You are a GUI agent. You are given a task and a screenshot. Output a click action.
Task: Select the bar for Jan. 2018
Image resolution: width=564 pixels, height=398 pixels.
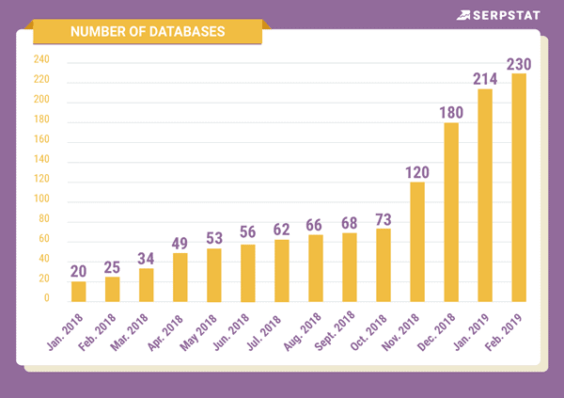(x=79, y=292)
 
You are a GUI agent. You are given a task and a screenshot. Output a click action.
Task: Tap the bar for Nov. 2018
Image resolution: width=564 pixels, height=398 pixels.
(x=417, y=242)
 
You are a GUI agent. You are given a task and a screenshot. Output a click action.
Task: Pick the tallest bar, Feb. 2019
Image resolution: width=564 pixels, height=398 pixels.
(x=519, y=188)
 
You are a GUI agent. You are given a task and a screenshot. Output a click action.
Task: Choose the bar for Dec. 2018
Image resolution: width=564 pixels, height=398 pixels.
(x=451, y=213)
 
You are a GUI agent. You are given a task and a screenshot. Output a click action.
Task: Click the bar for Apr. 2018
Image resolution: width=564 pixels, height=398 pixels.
(x=180, y=278)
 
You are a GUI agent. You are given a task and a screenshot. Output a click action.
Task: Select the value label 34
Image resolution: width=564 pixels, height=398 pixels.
(x=147, y=257)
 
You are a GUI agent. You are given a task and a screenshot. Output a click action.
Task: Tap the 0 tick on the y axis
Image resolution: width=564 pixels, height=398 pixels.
(x=46, y=298)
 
